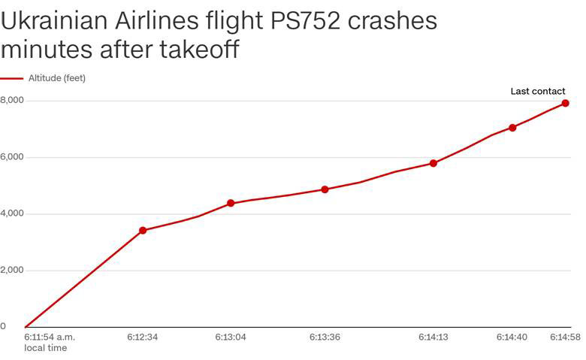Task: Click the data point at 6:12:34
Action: click(143, 230)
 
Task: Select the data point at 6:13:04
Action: click(231, 203)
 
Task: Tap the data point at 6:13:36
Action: click(325, 189)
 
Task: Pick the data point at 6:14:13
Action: click(433, 163)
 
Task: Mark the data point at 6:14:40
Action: click(512, 128)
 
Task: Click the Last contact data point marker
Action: click(565, 104)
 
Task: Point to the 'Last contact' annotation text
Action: click(537, 91)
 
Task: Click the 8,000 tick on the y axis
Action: click(12, 100)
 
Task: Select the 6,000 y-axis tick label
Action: click(12, 157)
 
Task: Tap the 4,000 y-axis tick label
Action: click(12, 213)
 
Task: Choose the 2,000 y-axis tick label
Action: click(12, 270)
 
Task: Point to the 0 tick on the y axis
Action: click(3, 326)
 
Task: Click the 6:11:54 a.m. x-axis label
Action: click(50, 337)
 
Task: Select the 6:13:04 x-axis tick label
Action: click(231, 337)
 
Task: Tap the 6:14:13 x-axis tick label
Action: click(433, 337)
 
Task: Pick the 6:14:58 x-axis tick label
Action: click(565, 337)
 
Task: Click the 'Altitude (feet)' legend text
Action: click(57, 77)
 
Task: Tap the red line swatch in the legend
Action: click(12, 77)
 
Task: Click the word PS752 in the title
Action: click(309, 21)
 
